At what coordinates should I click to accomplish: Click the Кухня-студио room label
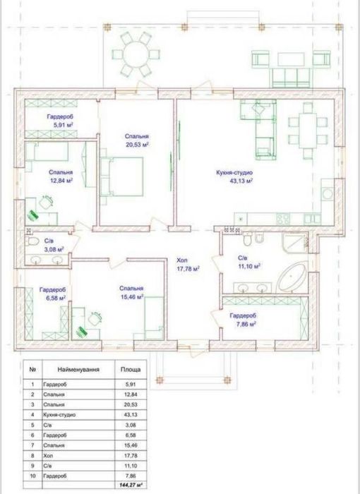[234, 173]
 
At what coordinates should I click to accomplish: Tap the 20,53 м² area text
[136, 145]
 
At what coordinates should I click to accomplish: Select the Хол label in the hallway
[182, 260]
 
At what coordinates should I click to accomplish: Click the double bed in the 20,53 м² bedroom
[122, 176]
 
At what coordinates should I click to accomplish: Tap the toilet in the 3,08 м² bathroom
[32, 241]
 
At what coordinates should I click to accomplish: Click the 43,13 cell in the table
[131, 415]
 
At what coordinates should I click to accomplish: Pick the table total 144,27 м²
[131, 486]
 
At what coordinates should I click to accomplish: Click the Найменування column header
[78, 370]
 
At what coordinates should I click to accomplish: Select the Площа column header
[131, 370]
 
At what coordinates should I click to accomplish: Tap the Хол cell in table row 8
[48, 456]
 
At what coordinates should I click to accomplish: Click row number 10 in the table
[32, 476]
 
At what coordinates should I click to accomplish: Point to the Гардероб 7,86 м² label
[243, 320]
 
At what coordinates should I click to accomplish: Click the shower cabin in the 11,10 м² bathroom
[294, 243]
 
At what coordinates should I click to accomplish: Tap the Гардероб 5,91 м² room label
[61, 121]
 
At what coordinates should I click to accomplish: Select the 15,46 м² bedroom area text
[132, 296]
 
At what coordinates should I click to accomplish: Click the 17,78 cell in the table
[131, 456]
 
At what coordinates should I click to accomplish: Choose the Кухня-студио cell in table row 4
[59, 415]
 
